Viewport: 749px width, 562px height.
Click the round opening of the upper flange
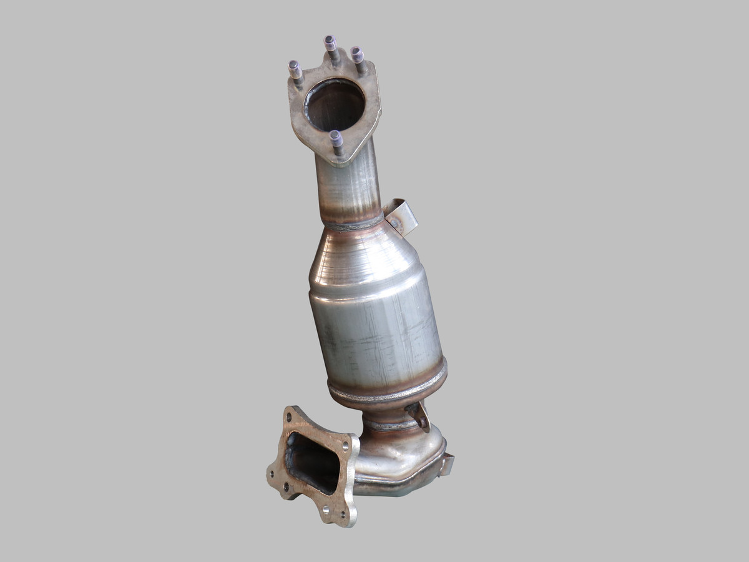tap(334, 104)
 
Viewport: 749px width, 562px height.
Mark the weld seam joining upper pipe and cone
tap(353, 224)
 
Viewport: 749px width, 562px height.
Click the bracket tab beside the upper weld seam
tap(401, 216)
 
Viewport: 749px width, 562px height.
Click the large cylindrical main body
tap(378, 331)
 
